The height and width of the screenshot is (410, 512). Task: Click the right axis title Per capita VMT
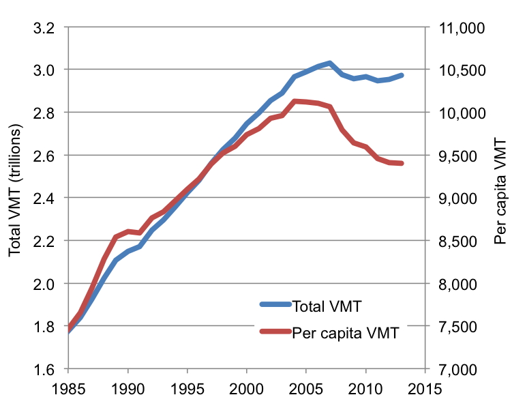point(500,199)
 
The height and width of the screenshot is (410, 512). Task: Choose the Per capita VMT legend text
point(345,334)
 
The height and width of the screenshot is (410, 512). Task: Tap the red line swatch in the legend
point(275,333)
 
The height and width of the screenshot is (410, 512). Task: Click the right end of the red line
point(402,164)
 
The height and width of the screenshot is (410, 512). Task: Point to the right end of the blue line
point(402,75)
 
